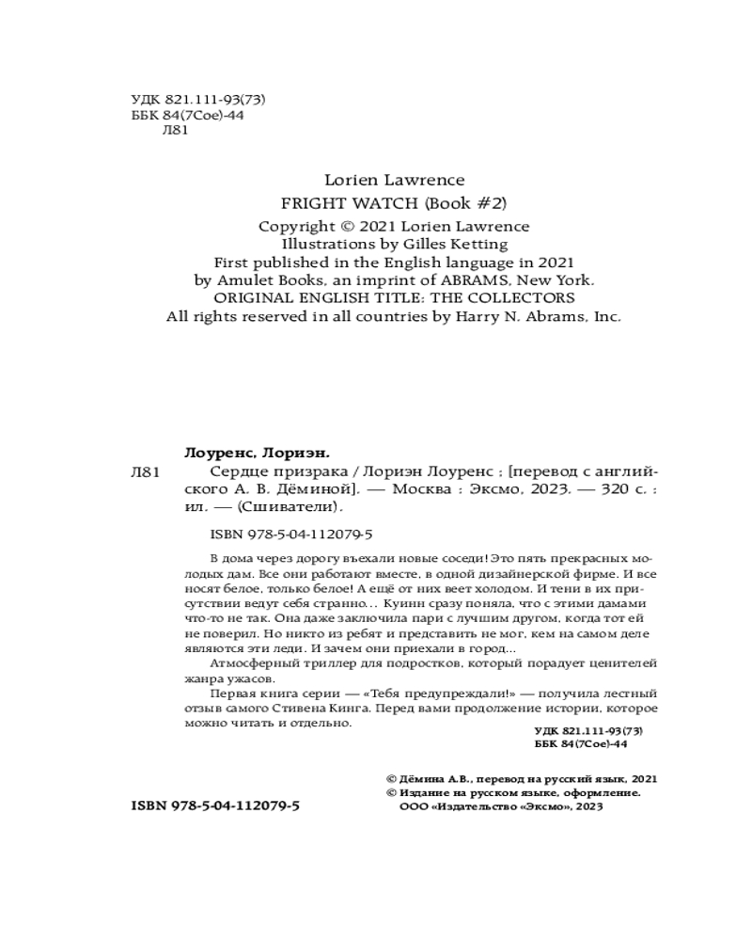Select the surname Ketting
click(x=479, y=243)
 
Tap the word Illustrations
click(x=309, y=243)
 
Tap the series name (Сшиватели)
click(x=289, y=508)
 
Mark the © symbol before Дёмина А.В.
click(x=392, y=779)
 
